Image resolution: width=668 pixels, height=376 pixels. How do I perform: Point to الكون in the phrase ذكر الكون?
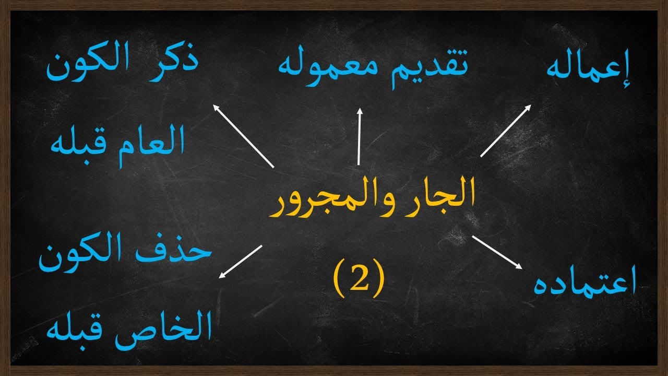[x=83, y=68]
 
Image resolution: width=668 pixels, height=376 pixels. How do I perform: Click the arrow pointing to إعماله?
[x=505, y=131]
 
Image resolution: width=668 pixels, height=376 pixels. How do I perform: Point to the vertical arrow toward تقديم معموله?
[x=359, y=136]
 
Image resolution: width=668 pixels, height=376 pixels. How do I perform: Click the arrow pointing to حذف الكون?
[x=240, y=261]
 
